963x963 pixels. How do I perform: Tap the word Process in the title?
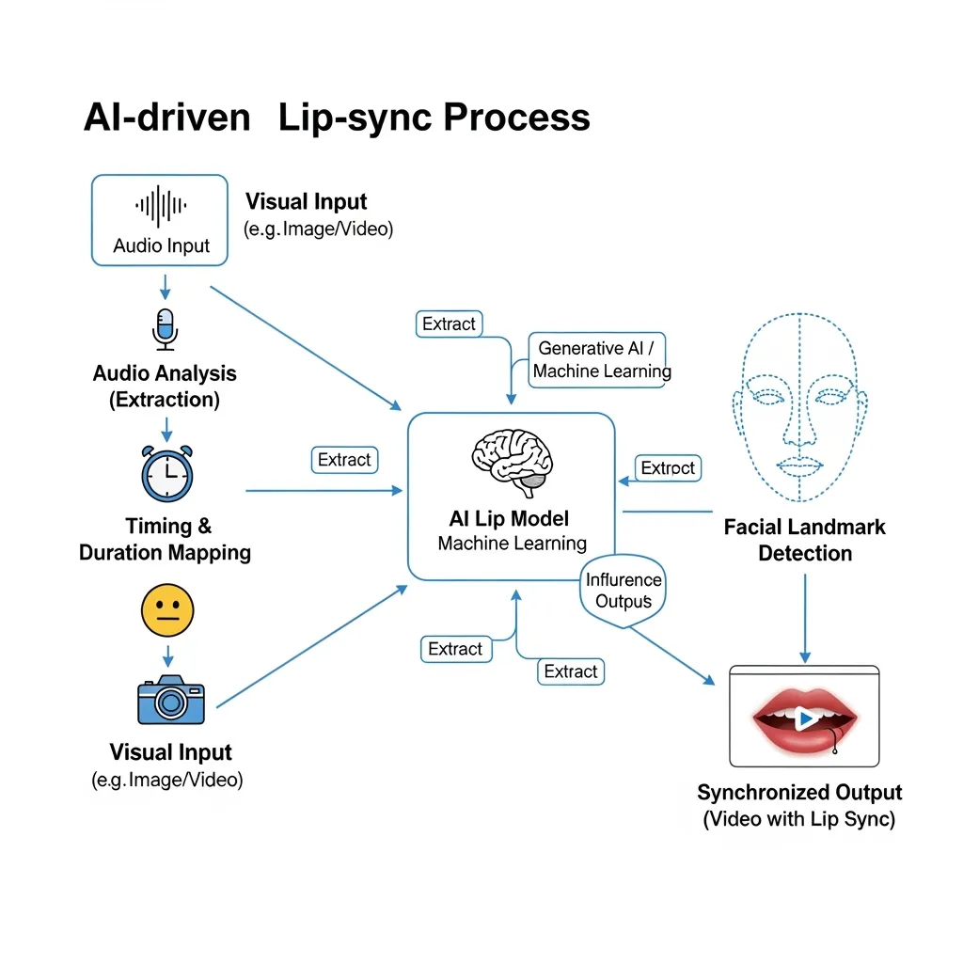point(516,118)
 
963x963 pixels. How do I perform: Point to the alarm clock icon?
point(166,473)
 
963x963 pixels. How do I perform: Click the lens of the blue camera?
point(170,701)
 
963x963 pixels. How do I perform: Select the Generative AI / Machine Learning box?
point(601,359)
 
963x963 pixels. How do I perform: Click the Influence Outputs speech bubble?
point(624,591)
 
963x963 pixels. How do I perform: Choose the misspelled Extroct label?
point(668,468)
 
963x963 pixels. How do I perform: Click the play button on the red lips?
point(804,719)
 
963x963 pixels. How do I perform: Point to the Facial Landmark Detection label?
point(804,540)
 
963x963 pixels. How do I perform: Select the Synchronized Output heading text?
point(799,792)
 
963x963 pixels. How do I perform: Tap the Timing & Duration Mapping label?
point(165,539)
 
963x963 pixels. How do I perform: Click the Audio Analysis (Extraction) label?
point(165,387)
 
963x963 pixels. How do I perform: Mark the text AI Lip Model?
point(509,519)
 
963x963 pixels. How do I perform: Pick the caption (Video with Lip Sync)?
point(799,819)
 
